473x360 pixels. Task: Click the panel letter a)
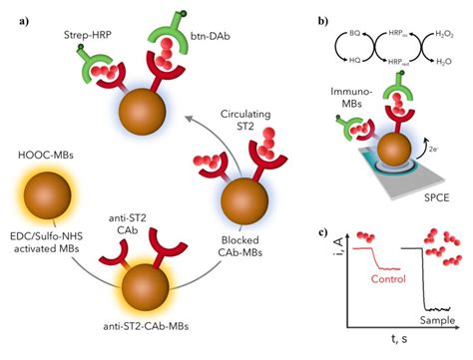pos(15,13)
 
